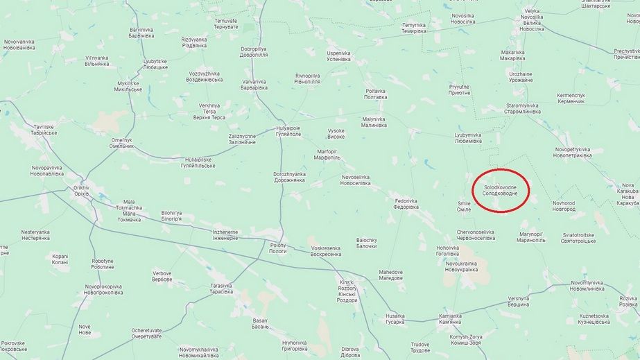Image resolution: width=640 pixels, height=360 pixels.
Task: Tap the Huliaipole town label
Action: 288,131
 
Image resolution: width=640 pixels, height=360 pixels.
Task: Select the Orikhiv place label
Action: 81,191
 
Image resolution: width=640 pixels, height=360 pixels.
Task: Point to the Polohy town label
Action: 278,248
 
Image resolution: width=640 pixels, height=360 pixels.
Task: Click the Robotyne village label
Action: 103,264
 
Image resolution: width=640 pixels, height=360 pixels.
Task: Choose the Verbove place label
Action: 162,276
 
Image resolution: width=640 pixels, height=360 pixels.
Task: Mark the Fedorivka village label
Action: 406,203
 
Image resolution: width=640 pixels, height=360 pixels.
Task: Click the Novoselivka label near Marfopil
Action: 356,180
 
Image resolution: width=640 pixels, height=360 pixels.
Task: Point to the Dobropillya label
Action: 254,52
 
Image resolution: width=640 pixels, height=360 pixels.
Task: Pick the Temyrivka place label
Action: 414,28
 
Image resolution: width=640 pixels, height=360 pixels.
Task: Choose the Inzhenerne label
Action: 225,234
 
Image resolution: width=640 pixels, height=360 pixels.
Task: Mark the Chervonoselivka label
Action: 476,234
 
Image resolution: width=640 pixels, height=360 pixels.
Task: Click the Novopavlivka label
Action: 47,171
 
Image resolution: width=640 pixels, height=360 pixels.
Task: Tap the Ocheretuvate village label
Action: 146,333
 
